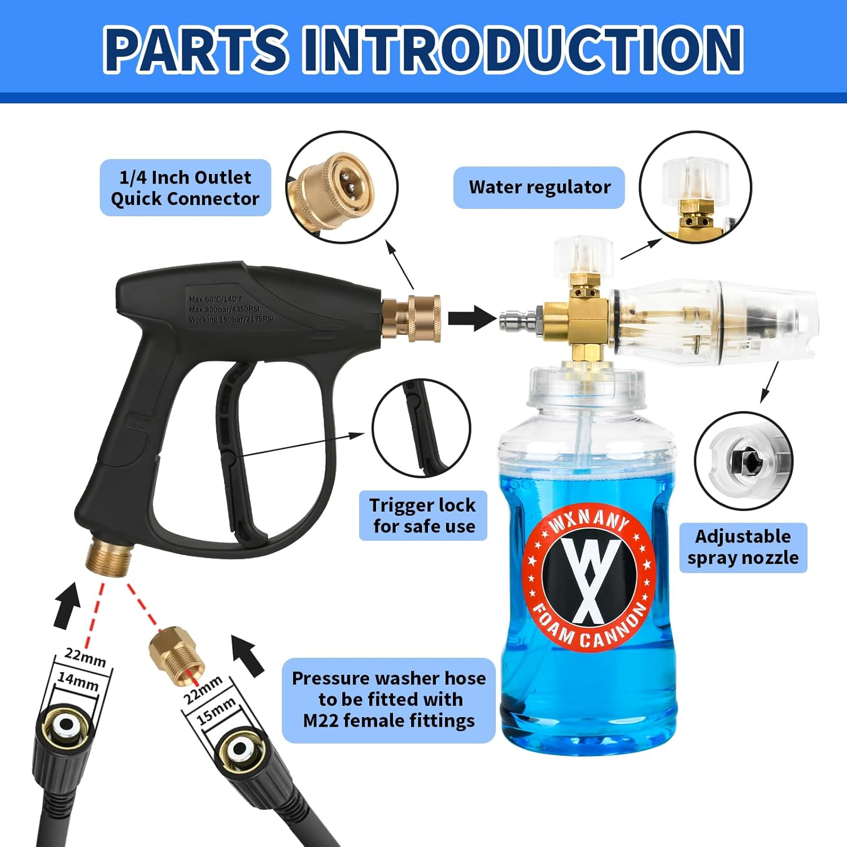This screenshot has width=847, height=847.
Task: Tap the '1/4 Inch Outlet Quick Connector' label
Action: coord(185,188)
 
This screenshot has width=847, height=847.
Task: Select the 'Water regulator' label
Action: coord(539,187)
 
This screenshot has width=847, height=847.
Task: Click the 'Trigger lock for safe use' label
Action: coord(423,516)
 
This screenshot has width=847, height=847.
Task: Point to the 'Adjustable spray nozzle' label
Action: coord(743,547)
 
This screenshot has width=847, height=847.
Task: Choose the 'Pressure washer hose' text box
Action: coord(388,700)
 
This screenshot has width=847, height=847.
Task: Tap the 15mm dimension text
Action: coord(216,711)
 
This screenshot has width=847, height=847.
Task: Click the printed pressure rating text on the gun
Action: coord(230,309)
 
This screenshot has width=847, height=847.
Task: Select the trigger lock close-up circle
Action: coord(421,428)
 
